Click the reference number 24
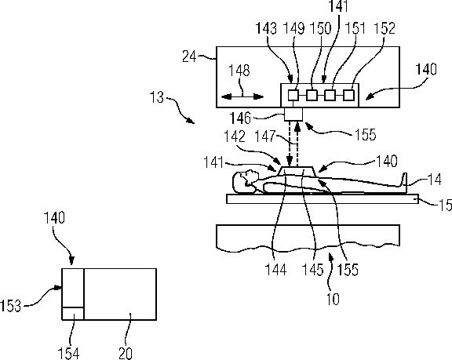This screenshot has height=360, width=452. pyautogui.click(x=189, y=56)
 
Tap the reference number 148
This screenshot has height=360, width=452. pyautogui.click(x=239, y=71)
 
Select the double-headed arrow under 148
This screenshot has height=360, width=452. pyautogui.click(x=242, y=96)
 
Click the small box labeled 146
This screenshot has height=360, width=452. pyautogui.click(x=293, y=115)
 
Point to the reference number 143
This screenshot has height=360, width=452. pyautogui.click(x=266, y=28)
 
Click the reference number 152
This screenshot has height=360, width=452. pyautogui.click(x=385, y=28)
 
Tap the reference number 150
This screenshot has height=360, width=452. pyautogui.click(x=320, y=28)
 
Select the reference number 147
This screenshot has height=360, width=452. pyautogui.click(x=265, y=136)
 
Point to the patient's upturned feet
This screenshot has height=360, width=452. pyautogui.click(x=404, y=180)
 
